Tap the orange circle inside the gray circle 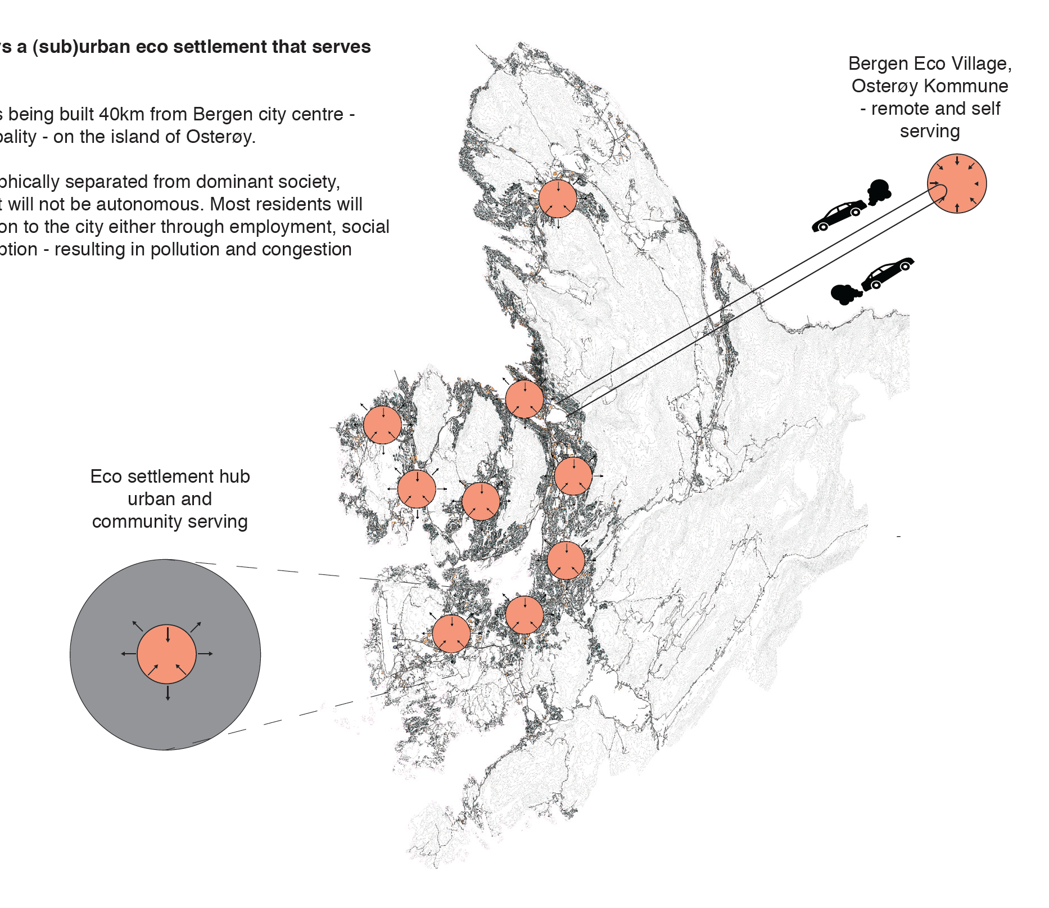point(166,654)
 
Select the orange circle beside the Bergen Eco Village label point(957,183)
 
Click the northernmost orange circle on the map point(558,199)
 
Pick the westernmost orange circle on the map point(382,425)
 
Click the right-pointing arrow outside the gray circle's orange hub point(206,654)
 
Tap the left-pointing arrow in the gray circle point(128,654)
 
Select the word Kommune point(966,86)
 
